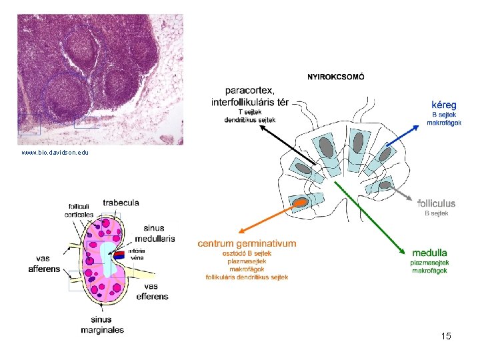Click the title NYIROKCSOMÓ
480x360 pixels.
tap(335, 77)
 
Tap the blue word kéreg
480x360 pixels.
tap(444, 105)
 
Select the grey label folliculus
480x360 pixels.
tap(437, 203)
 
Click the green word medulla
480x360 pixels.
tap(429, 253)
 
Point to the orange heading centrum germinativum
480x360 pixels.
tap(247, 244)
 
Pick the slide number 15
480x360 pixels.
tap(446, 336)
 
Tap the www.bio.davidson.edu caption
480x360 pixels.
tap(55, 153)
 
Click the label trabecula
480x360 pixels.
tap(121, 202)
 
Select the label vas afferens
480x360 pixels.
tap(44, 263)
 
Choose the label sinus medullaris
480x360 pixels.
tap(155, 233)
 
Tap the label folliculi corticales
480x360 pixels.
tap(79, 210)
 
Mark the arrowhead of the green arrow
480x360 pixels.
tap(404, 253)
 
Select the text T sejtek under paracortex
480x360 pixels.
tap(250, 112)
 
